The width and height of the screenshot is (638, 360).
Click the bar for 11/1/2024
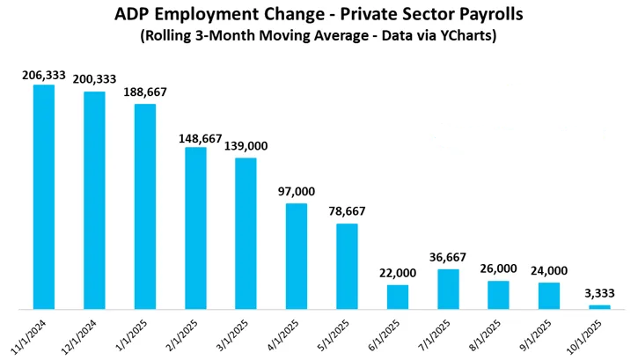[x=43, y=197]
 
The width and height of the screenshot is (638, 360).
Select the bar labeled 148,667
[x=195, y=228]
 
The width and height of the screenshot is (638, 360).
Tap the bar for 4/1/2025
[x=297, y=256]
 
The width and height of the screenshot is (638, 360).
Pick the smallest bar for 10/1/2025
[x=600, y=306]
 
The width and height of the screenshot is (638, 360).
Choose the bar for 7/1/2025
[x=449, y=289]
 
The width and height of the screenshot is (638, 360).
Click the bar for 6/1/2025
[x=398, y=297]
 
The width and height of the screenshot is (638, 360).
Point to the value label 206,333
[x=43, y=77]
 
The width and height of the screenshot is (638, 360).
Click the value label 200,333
[x=94, y=81]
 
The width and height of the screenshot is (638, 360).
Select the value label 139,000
[x=246, y=146]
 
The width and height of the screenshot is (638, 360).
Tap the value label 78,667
[x=347, y=211]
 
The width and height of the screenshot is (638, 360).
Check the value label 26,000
[x=499, y=269]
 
